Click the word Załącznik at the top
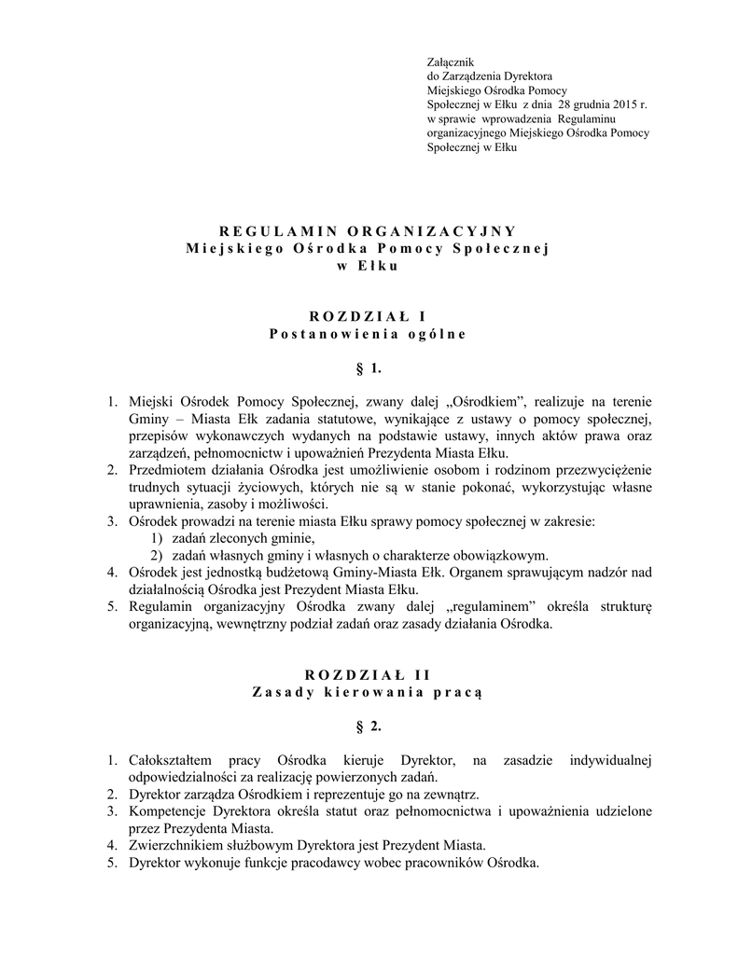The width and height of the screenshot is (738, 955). pos(450,61)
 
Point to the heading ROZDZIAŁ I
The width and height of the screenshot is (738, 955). pos(368,316)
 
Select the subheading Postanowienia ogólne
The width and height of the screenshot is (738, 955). pos(368,333)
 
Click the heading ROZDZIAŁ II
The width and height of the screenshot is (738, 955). pos(368,674)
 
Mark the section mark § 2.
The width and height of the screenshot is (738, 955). pos(369,725)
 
